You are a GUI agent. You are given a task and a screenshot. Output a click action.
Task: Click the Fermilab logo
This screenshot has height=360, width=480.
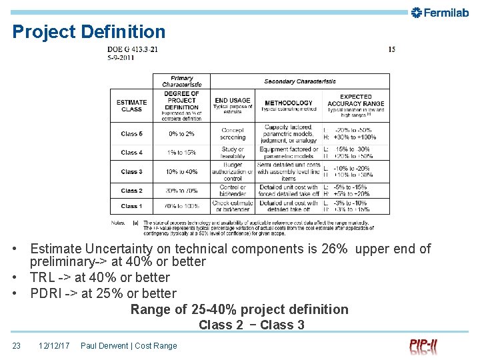(x=441, y=12)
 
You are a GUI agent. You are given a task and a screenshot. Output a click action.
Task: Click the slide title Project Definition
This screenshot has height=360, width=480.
(x=89, y=31)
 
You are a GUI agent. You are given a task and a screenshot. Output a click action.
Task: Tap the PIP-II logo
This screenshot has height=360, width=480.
(x=423, y=346)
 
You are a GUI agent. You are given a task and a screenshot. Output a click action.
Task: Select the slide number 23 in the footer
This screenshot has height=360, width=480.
(x=17, y=345)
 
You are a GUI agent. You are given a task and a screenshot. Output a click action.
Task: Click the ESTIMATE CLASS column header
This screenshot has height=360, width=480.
(x=131, y=105)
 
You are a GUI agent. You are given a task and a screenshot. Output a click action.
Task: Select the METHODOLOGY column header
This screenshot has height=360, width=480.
(x=288, y=103)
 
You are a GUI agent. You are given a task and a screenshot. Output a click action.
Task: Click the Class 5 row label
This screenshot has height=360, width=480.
(x=131, y=134)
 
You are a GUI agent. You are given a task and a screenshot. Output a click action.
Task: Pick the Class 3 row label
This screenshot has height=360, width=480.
(x=131, y=172)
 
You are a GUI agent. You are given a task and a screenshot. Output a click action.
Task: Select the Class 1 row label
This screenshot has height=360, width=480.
(x=131, y=206)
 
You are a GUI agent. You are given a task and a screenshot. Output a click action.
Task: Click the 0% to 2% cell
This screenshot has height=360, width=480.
(x=181, y=134)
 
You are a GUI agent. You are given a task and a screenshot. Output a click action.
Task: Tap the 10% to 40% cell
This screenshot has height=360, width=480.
(x=181, y=172)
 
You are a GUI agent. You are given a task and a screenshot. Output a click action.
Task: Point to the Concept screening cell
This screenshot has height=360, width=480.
(x=232, y=133)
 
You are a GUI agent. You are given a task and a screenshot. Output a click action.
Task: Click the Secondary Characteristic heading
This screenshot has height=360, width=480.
(x=300, y=81)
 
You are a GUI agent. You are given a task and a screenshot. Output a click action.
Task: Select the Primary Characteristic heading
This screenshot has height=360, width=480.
(x=181, y=81)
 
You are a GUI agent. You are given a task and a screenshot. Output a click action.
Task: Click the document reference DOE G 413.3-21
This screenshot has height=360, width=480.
(x=132, y=49)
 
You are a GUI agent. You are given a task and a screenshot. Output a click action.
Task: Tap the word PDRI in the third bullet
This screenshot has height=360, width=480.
(x=46, y=293)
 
